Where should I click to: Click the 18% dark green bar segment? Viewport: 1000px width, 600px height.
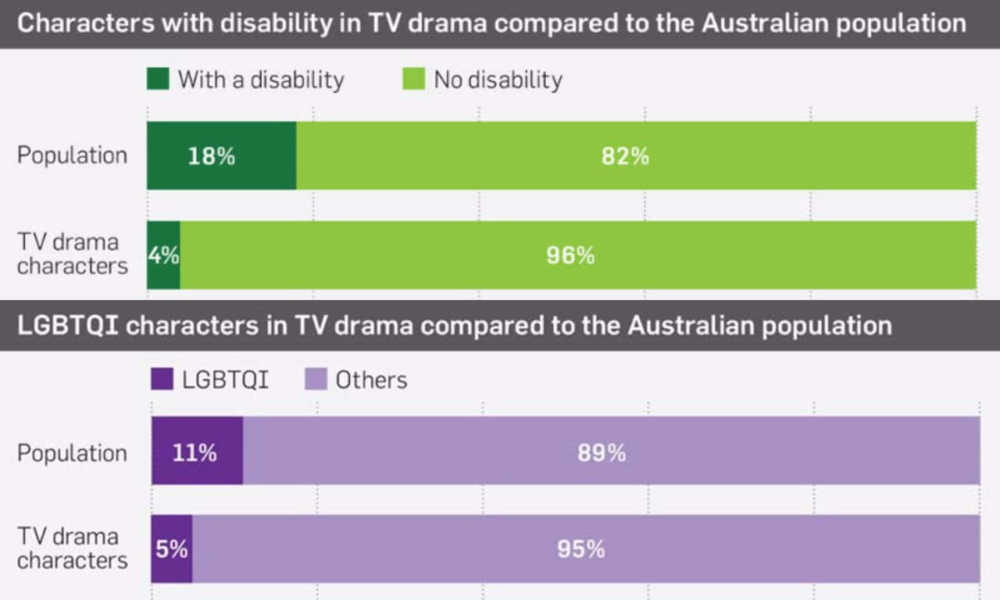pyautogui.click(x=221, y=155)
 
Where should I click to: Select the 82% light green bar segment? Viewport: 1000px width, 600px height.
pyautogui.click(x=636, y=155)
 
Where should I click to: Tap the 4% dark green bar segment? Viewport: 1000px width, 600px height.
pyautogui.click(x=163, y=255)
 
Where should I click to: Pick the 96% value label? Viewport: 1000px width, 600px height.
pyautogui.click(x=570, y=255)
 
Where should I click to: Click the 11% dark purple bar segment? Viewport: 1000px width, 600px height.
pyautogui.click(x=197, y=451)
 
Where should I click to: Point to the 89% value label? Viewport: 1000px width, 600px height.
pyautogui.click(x=602, y=453)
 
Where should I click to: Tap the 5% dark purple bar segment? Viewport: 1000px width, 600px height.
pyautogui.click(x=171, y=549)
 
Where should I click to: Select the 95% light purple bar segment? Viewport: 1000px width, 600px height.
pyautogui.click(x=586, y=549)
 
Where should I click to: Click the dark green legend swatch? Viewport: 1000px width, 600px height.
pyautogui.click(x=157, y=79)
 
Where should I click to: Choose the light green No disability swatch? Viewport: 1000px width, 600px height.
pyautogui.click(x=414, y=79)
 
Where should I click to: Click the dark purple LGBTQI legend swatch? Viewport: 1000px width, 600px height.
pyautogui.click(x=162, y=380)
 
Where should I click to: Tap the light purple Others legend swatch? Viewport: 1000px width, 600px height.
pyautogui.click(x=314, y=380)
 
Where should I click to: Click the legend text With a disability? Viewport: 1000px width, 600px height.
pyautogui.click(x=261, y=80)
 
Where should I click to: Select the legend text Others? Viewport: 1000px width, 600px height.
pyautogui.click(x=371, y=380)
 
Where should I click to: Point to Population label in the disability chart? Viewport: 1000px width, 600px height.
pyautogui.click(x=72, y=155)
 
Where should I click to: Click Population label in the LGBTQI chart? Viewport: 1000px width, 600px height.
pyautogui.click(x=72, y=453)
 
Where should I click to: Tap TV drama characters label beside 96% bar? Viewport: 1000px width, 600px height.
pyautogui.click(x=72, y=254)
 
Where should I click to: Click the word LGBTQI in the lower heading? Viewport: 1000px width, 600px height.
pyautogui.click(x=67, y=324)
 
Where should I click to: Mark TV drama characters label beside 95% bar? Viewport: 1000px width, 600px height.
pyautogui.click(x=72, y=548)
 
